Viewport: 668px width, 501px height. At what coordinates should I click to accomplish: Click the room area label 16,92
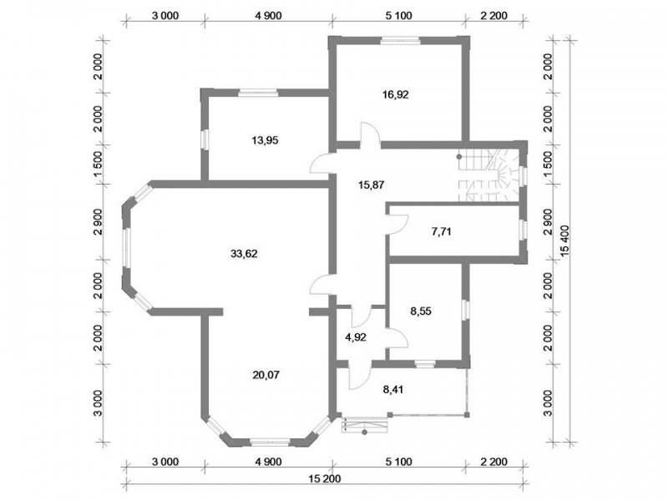[395, 94]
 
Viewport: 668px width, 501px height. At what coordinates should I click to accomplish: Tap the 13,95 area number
[265, 140]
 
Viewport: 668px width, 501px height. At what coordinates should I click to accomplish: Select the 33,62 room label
[244, 254]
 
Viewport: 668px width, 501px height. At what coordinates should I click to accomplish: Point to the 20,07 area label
[266, 375]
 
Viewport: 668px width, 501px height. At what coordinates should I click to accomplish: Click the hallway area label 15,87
[372, 185]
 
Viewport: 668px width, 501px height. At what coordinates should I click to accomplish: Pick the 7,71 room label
[442, 232]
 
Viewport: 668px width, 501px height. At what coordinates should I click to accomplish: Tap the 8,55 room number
[421, 311]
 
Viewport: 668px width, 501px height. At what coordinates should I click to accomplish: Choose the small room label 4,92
[356, 337]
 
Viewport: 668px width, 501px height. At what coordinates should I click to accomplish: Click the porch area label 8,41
[392, 389]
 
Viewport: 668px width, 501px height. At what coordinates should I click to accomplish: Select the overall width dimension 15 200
[325, 478]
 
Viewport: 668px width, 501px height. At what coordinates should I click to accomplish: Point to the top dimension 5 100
[399, 16]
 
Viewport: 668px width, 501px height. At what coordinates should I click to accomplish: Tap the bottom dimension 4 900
[268, 462]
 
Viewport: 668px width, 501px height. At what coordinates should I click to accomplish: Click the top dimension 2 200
[493, 16]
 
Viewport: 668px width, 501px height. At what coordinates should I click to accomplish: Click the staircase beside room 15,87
[488, 175]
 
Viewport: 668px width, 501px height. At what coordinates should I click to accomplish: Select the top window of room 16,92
[401, 41]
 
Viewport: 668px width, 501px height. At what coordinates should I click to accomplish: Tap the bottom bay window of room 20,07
[270, 443]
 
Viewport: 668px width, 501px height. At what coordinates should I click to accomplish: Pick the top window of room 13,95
[258, 93]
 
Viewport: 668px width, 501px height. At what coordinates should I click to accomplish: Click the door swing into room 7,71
[397, 224]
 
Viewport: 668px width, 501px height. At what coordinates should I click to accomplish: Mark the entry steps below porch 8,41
[365, 425]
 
